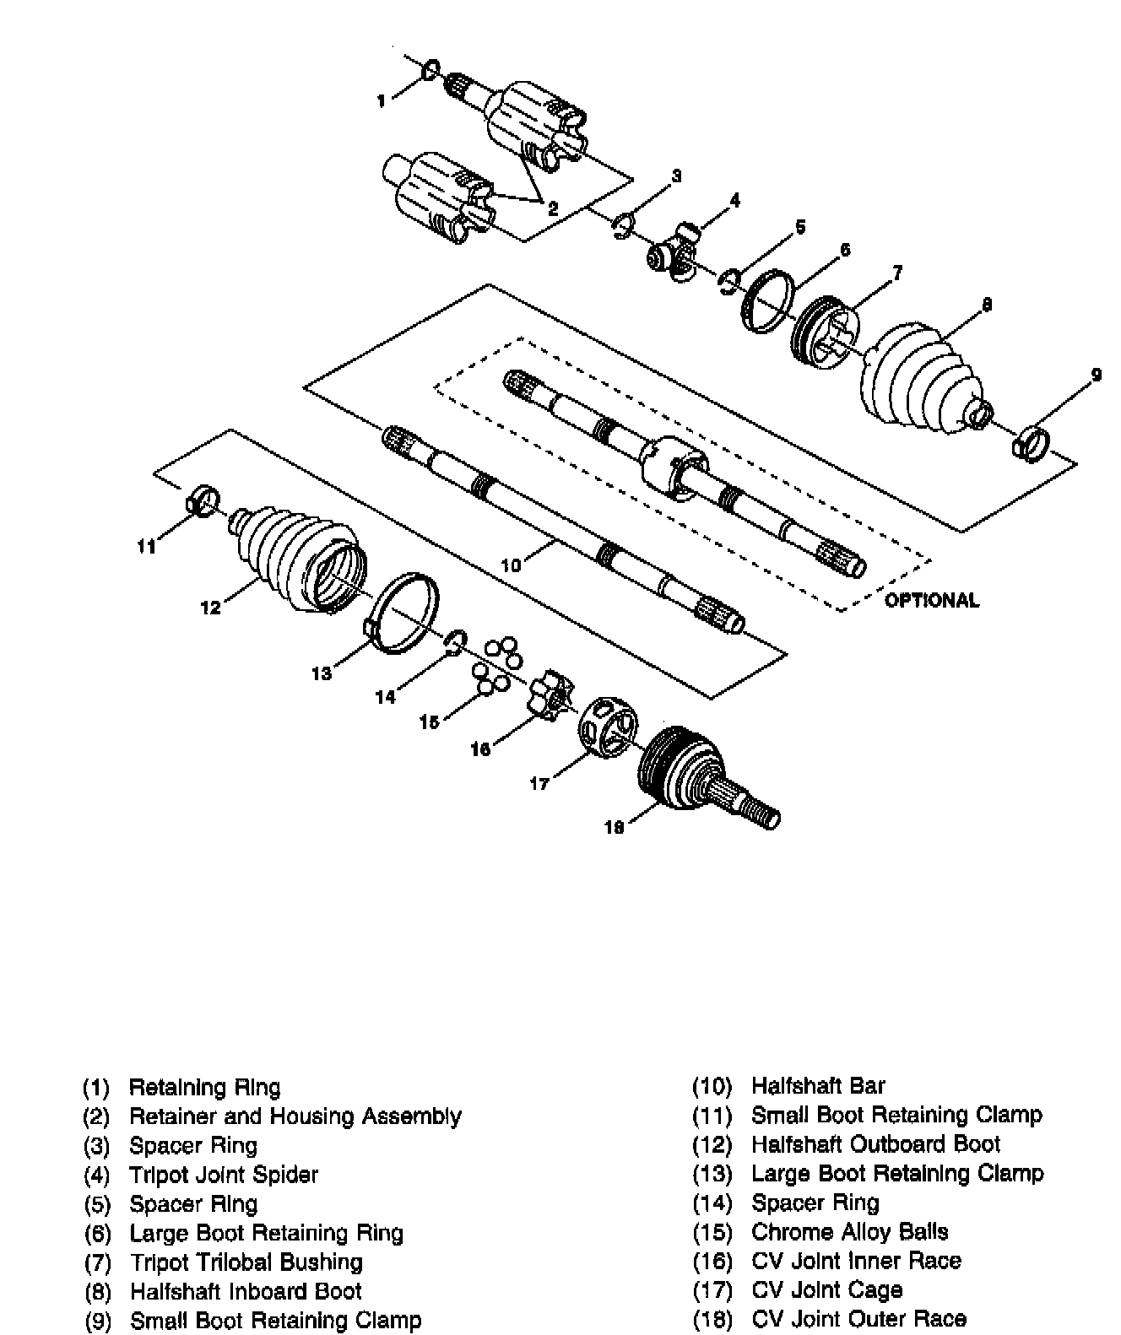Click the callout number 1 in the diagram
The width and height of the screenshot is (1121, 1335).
coord(382,101)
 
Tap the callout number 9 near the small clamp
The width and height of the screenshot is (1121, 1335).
coord(1096,375)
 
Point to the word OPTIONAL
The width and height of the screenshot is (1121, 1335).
coord(932,600)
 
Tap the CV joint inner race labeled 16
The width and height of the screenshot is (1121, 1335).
coord(550,695)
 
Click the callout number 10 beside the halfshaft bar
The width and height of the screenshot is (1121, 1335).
coord(511,565)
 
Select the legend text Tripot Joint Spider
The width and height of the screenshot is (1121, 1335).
coord(224,1176)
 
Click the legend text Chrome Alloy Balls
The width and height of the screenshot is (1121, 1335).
coord(849,1232)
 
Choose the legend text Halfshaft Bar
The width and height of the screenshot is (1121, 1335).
coord(818,1086)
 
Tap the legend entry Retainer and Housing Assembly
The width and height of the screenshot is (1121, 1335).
coord(295,1116)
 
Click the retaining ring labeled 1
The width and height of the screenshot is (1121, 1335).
coord(431,70)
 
